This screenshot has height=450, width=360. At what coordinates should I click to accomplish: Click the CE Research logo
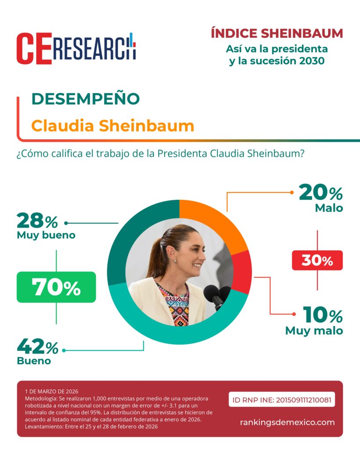click(x=76, y=48)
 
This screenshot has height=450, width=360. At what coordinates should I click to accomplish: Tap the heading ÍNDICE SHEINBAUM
click(x=276, y=33)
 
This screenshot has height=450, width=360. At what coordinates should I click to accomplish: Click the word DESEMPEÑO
click(x=85, y=99)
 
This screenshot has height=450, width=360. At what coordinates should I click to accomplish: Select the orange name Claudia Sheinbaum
click(x=113, y=126)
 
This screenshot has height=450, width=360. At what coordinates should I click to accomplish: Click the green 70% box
click(x=56, y=287)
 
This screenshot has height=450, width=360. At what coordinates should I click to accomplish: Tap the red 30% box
click(x=317, y=261)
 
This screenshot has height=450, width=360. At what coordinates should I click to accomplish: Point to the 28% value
click(x=37, y=221)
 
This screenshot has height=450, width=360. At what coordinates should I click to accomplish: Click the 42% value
click(x=38, y=347)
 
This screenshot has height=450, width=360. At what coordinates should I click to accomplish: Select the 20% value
click(x=320, y=192)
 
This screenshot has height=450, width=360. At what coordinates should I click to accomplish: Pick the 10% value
click(x=322, y=315)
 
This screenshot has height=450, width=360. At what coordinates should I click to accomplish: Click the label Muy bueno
click(x=46, y=235)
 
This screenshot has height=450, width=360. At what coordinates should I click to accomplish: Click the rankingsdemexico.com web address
click(x=287, y=422)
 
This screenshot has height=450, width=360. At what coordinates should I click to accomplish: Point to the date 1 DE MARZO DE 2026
click(x=52, y=391)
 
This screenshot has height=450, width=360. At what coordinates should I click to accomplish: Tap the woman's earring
click(x=175, y=261)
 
